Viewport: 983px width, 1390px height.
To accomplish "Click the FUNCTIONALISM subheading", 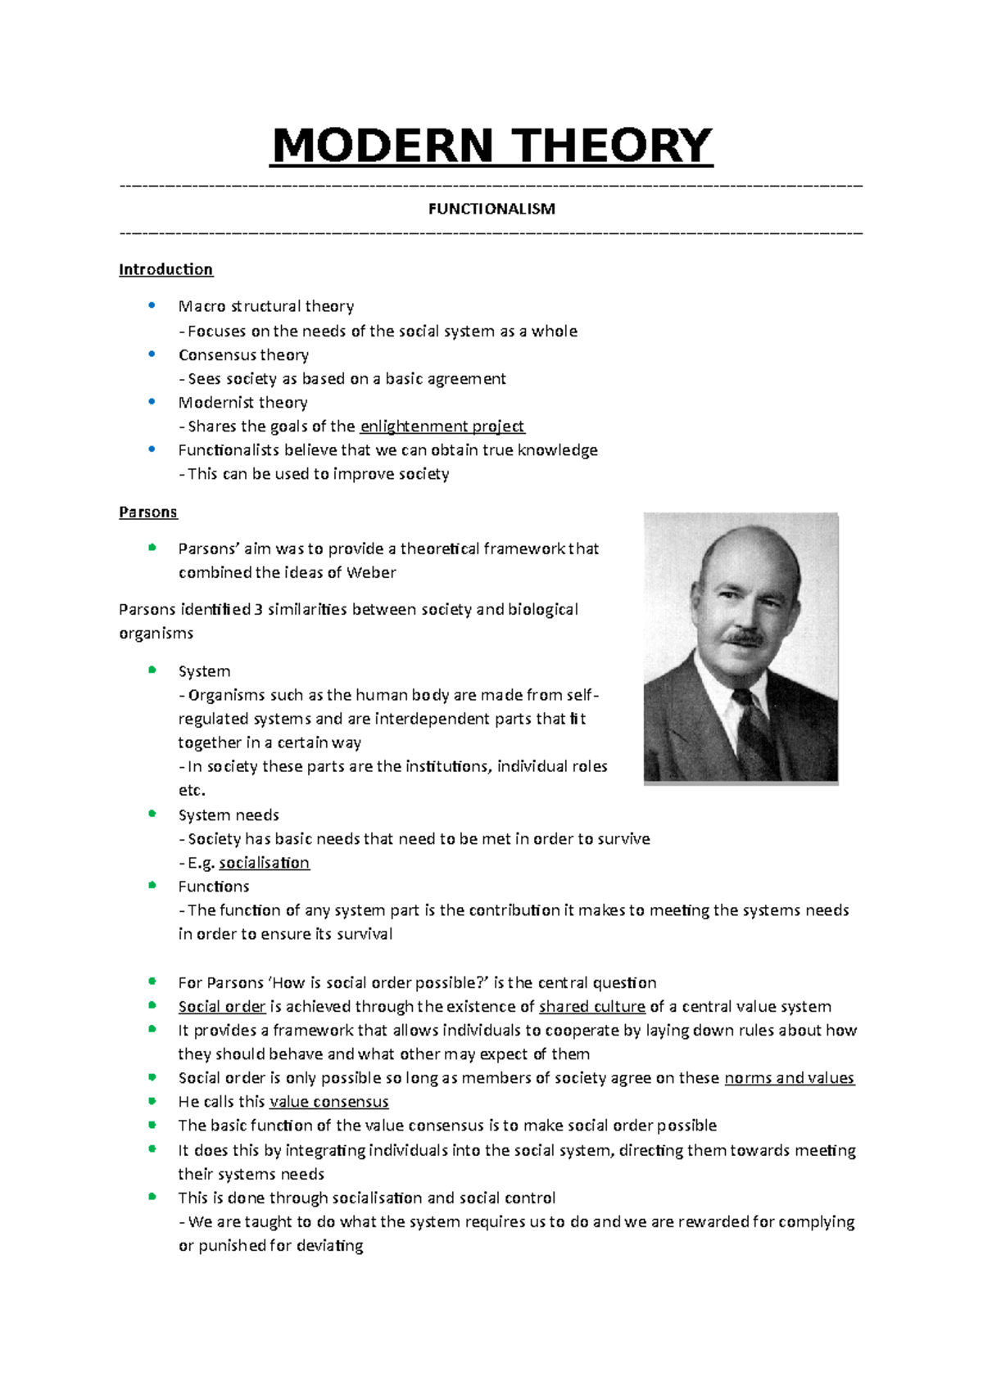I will click(x=491, y=209).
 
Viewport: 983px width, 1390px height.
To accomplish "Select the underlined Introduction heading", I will click(x=165, y=269).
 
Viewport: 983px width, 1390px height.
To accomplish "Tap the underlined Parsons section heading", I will click(x=147, y=512).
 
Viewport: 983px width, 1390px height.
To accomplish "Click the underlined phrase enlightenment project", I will click(x=442, y=426).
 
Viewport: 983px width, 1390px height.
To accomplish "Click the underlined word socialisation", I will click(x=264, y=863).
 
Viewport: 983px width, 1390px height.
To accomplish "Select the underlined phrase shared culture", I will click(x=591, y=1006).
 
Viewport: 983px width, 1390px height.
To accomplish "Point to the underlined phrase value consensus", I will click(x=328, y=1102).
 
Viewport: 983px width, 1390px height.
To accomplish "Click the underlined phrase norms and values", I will click(x=789, y=1078).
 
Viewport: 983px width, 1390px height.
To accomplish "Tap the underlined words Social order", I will click(x=222, y=1006).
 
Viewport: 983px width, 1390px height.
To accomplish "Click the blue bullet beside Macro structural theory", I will click(x=152, y=305).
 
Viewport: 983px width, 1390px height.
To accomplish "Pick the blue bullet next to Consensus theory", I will click(x=152, y=354).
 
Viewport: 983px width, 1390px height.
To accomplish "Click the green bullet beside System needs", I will click(x=152, y=814).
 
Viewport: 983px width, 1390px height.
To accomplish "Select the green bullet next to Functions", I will click(x=152, y=885).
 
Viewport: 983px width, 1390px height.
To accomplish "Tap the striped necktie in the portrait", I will click(x=754, y=733).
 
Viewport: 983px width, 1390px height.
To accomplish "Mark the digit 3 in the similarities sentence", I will click(x=258, y=609).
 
